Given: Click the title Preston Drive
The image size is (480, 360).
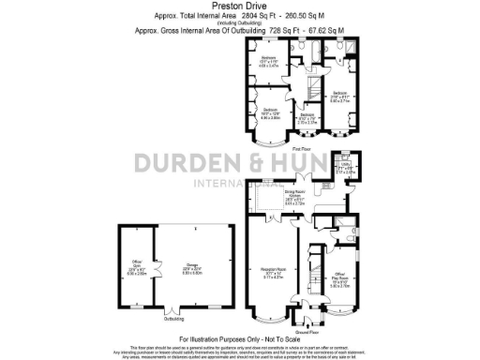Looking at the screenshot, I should pyautogui.click(x=239, y=6).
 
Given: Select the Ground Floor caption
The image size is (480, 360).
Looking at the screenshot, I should pyautogui.click(x=307, y=331).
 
